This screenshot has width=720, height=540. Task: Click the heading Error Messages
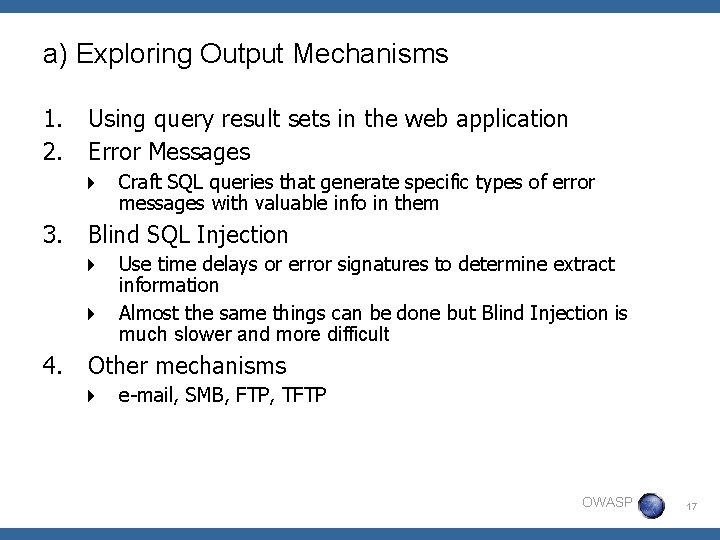tap(169, 152)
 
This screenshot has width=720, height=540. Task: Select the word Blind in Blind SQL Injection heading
tap(116, 235)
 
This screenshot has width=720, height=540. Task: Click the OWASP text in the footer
tap(607, 502)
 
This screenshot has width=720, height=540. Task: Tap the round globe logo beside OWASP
tap(651, 504)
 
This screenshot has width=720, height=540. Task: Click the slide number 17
tap(689, 508)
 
